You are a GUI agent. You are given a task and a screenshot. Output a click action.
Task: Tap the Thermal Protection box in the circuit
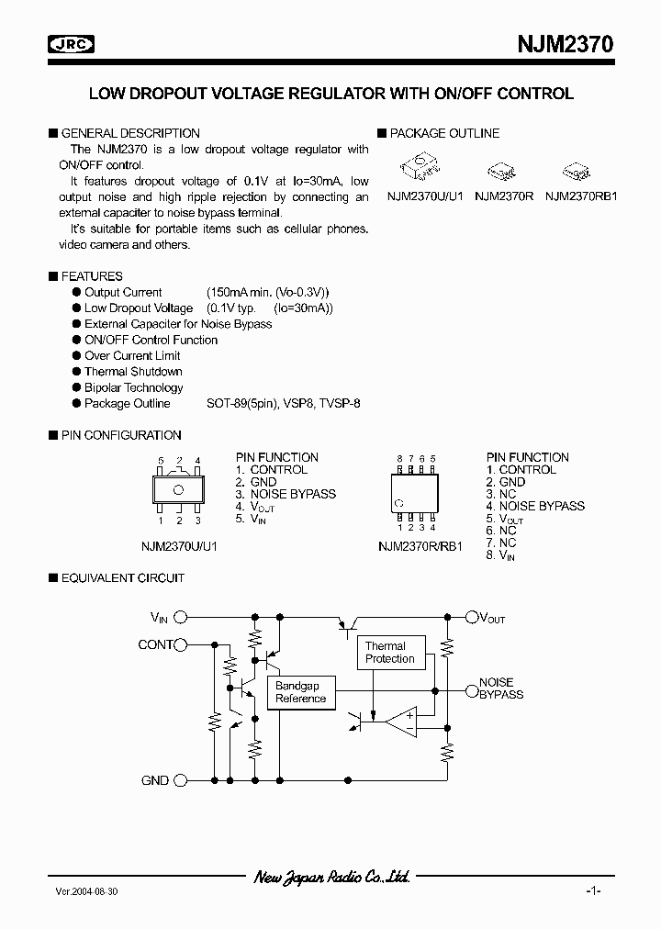point(389,653)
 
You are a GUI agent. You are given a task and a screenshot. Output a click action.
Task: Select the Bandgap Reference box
point(300,692)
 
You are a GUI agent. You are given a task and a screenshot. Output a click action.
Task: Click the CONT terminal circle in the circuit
point(181,644)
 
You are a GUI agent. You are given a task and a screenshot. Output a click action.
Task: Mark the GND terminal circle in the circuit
point(181,780)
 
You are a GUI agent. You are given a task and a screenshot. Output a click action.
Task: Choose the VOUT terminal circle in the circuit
point(471,618)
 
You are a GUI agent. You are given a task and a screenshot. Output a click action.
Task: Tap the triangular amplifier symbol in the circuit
point(401,722)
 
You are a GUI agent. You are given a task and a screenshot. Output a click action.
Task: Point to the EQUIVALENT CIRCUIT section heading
point(122,577)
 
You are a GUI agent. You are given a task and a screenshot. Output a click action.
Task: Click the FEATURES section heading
point(91,275)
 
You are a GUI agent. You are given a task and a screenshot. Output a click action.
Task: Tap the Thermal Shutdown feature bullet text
point(133,371)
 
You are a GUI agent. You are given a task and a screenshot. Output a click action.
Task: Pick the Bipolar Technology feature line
point(133,387)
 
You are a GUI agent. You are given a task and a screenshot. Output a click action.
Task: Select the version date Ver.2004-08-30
point(86,891)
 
